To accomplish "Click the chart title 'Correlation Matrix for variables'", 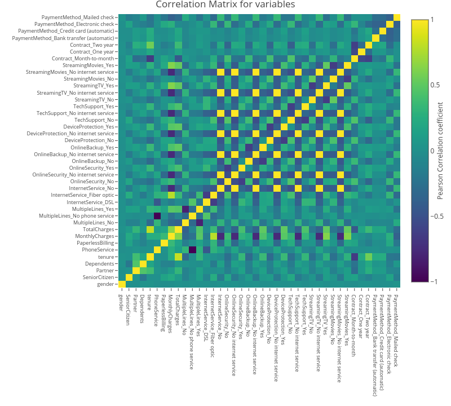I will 225,5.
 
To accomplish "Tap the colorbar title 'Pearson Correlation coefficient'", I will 440,151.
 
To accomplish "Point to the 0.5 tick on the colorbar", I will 419,85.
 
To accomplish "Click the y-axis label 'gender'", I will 105,284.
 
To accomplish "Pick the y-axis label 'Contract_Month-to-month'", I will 83,59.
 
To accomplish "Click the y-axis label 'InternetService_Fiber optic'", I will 83,195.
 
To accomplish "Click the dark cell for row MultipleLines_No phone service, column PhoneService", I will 157,215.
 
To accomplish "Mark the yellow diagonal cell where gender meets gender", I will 122,284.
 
